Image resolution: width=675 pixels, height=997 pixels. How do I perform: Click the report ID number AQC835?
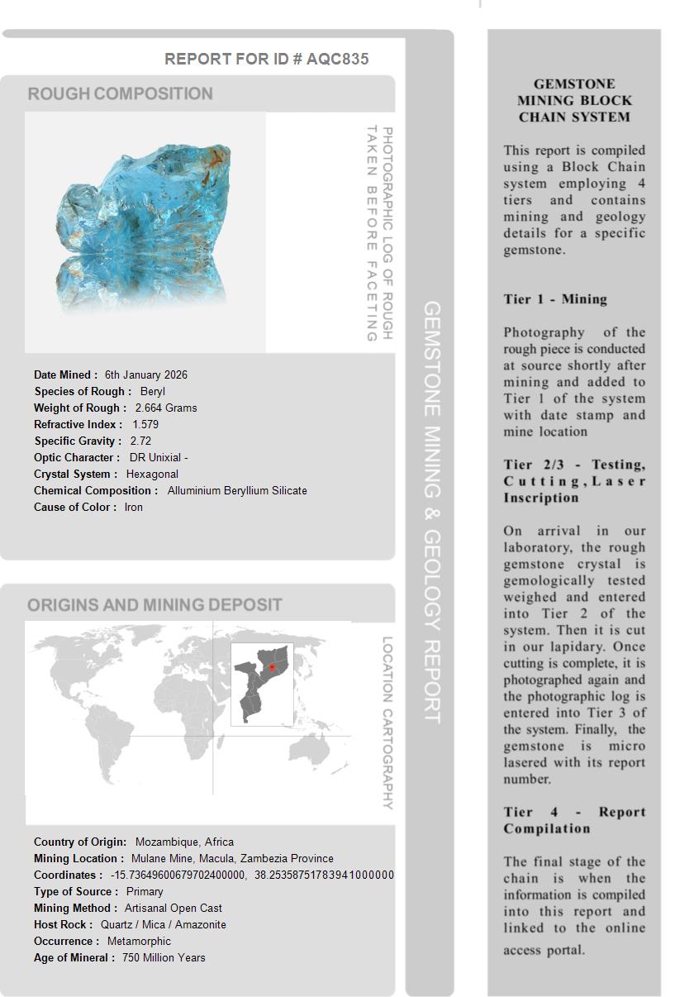(337, 59)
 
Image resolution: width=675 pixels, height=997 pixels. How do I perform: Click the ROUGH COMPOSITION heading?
(120, 93)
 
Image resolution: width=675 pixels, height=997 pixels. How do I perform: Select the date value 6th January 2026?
(146, 374)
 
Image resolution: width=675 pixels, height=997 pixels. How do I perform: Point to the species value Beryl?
(153, 391)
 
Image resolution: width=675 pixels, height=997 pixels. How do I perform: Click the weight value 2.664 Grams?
(166, 408)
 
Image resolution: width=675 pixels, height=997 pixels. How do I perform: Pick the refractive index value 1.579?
(145, 424)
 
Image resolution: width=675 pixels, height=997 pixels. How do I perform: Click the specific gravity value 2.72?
(140, 441)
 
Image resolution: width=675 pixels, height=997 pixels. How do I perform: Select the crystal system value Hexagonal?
(152, 474)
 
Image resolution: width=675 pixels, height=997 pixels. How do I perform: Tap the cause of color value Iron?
(134, 507)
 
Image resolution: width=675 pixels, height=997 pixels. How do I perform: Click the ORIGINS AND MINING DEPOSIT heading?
(154, 604)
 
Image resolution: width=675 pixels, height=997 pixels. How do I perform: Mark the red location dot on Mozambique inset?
(272, 667)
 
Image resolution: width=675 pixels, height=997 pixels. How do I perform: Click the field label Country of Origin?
(80, 842)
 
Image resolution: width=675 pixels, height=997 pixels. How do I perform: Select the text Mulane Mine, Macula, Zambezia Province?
(232, 858)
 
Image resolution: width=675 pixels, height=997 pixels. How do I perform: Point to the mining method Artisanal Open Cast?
(174, 908)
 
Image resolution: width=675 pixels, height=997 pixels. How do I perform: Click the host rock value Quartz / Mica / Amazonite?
(163, 924)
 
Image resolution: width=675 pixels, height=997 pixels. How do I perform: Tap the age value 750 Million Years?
(164, 957)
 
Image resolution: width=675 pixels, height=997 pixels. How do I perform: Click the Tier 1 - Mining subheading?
(555, 299)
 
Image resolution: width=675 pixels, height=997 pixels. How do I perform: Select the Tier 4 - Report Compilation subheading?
(574, 820)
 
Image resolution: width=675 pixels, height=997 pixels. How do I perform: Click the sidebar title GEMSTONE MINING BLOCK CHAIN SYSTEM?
(574, 100)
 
